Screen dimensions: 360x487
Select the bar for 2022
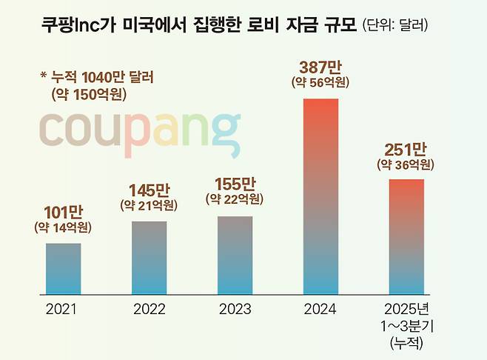click(149, 256)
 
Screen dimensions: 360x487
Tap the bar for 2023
click(235, 253)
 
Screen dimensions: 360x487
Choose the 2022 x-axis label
click(149, 309)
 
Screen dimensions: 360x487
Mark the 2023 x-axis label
click(235, 309)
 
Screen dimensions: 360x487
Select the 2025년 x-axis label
click(406, 309)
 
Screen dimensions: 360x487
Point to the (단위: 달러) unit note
click(396, 26)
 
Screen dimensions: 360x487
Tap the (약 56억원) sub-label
click(320, 82)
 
